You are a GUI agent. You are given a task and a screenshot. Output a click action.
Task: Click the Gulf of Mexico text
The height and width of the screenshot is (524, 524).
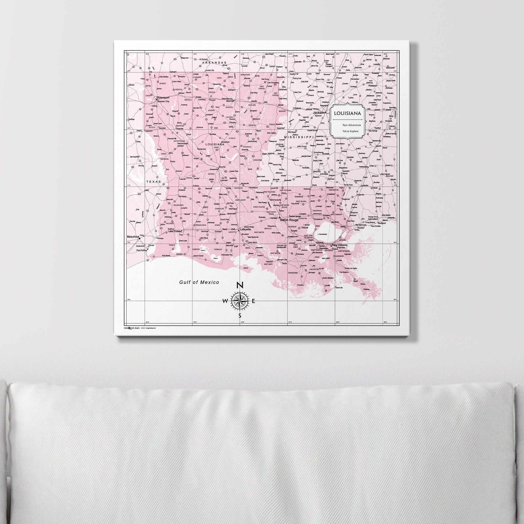(199, 282)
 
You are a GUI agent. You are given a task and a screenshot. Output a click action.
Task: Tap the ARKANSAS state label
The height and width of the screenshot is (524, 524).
(214, 62)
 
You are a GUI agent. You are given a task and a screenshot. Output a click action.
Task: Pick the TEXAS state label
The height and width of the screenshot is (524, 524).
(154, 181)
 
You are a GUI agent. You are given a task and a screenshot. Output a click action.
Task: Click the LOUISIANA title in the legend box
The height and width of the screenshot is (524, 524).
(347, 113)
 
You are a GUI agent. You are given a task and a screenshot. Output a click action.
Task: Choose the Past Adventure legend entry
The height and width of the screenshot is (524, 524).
(352, 125)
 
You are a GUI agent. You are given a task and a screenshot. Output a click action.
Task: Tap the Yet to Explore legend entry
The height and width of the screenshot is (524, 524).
(351, 131)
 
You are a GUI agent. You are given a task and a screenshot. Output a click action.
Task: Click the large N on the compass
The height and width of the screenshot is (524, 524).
(240, 285)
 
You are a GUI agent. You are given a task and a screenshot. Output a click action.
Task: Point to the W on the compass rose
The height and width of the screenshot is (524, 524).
(225, 301)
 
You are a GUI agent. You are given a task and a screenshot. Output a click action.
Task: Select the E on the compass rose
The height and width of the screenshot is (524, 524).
(254, 301)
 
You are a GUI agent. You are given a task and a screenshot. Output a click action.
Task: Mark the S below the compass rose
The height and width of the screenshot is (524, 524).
(240, 315)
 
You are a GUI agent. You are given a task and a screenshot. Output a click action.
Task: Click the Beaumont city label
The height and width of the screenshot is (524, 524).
(133, 237)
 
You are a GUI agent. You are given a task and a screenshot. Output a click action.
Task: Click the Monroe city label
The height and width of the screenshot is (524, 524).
(230, 101)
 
